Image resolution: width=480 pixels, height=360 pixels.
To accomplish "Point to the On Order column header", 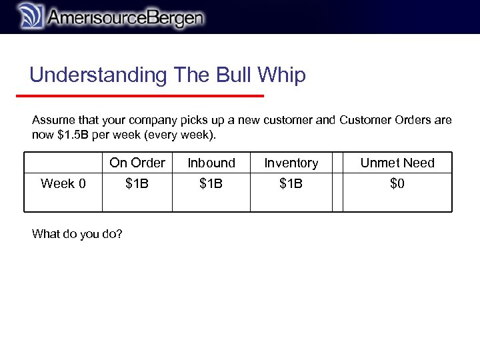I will click(x=137, y=163).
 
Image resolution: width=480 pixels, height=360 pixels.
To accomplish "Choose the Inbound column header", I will click(x=211, y=163).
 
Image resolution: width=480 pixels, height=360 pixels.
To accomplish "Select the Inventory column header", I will click(x=291, y=163).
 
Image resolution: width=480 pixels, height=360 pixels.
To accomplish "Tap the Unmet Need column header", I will click(x=397, y=163).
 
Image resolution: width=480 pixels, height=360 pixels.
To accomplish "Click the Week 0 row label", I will click(x=63, y=183).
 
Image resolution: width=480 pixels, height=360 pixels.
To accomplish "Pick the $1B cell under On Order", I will click(x=137, y=183).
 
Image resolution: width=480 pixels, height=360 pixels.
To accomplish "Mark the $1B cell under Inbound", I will click(x=211, y=183).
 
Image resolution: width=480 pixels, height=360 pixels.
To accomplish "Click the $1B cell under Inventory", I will click(x=291, y=183).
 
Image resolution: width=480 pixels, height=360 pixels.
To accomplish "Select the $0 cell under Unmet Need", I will click(x=397, y=183).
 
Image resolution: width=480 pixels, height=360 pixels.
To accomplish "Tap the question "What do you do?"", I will click(x=77, y=234).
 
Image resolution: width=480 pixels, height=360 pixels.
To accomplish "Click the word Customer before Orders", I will click(x=364, y=121).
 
